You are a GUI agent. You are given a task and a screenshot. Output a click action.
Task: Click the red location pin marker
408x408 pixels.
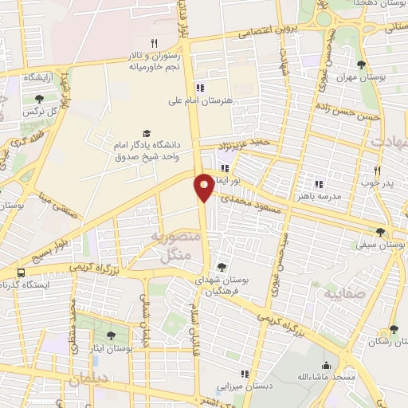point(204,187)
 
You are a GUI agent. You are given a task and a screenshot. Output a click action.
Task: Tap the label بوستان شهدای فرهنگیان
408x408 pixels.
point(222,287)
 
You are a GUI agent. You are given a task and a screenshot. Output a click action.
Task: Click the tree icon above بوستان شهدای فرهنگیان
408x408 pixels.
point(222,267)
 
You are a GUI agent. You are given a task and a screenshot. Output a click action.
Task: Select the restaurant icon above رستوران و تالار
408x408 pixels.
point(155,43)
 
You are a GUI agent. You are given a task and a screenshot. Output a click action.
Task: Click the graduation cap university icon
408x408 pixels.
point(146,133)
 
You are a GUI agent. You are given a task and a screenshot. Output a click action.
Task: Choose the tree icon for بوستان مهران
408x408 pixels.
point(363,65)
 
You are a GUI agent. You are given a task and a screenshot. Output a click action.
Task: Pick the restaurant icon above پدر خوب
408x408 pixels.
point(379,170)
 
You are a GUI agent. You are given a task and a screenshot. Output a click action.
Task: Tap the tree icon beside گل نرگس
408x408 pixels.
point(39,100)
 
